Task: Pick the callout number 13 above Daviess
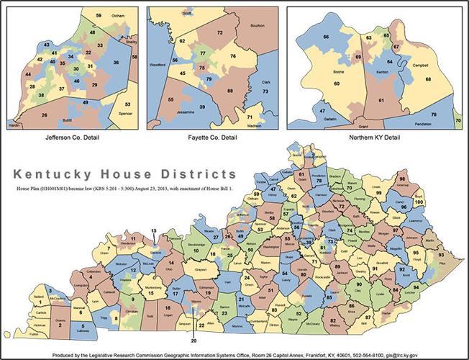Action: tap(152, 230)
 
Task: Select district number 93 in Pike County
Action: tap(440, 256)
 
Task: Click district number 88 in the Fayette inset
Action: tap(229, 91)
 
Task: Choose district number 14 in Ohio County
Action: tap(170, 264)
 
